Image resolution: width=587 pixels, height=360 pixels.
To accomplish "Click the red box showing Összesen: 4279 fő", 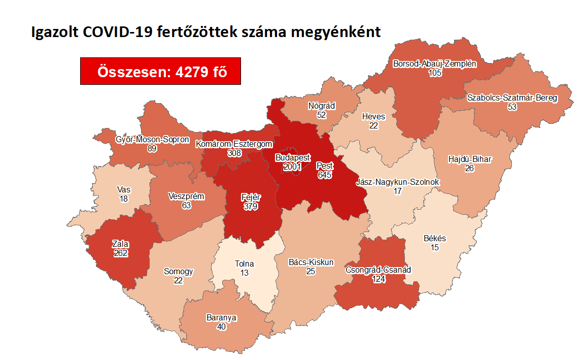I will coord(160,72).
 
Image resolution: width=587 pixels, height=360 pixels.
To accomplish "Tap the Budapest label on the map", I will coord(293,157).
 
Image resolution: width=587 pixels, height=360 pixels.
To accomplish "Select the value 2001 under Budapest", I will coord(293,167).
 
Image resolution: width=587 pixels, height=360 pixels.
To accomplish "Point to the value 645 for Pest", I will coord(324,174).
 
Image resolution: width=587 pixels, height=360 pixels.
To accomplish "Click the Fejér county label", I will coord(250,198).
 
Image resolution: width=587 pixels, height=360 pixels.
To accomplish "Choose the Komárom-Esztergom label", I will coord(234,144).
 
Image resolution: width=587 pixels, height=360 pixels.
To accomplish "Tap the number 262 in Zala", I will coord(121,252).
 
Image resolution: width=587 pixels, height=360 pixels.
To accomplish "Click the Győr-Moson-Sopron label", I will coord(153,139).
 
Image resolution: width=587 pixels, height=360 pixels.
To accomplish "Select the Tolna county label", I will coord(244,264).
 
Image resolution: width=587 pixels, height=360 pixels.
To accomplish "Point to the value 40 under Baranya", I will coord(221,326).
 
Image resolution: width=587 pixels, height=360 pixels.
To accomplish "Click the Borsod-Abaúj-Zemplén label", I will coord(435,64).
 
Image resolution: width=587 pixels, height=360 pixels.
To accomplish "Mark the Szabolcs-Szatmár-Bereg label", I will coord(512,97).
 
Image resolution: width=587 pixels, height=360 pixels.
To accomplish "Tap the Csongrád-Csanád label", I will coord(377,270).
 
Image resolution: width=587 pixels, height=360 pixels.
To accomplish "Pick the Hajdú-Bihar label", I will coord(470,159).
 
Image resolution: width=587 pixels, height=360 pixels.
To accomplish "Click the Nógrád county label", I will coord(322,106).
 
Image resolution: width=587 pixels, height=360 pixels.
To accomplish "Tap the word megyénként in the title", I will coord(335,32).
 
